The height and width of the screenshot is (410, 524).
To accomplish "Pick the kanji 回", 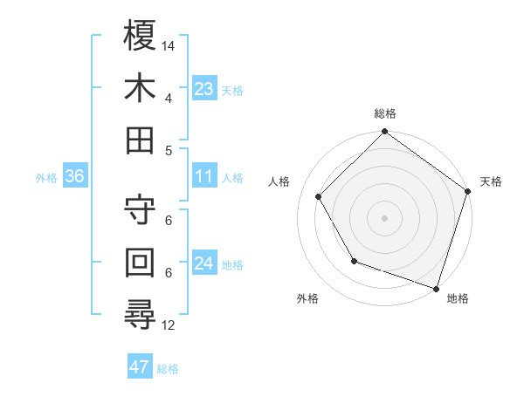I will point(141,263).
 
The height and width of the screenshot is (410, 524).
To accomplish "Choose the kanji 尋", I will point(141,315).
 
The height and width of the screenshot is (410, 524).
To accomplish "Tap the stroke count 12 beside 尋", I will point(169,325).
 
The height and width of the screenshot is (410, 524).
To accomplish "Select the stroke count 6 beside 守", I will point(169,221).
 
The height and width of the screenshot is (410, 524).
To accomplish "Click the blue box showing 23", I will point(204,88).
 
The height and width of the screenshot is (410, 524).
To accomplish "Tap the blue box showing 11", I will point(204,176).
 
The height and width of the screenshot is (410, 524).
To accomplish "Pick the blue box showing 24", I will point(204,263).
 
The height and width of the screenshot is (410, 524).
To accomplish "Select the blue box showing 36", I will point(75,176).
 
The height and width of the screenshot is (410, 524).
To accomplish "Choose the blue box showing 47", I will point(140,367).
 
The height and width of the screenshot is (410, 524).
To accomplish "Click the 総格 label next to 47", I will point(168,369).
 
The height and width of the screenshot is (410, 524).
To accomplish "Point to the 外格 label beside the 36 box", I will point(46,178).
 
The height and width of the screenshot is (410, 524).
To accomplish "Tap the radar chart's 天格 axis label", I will point(491,182).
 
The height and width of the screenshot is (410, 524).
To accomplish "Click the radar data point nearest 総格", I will point(384,133).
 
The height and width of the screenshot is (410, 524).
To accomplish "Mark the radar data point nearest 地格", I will point(436,287).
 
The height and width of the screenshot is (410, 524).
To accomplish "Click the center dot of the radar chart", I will point(384,217).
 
